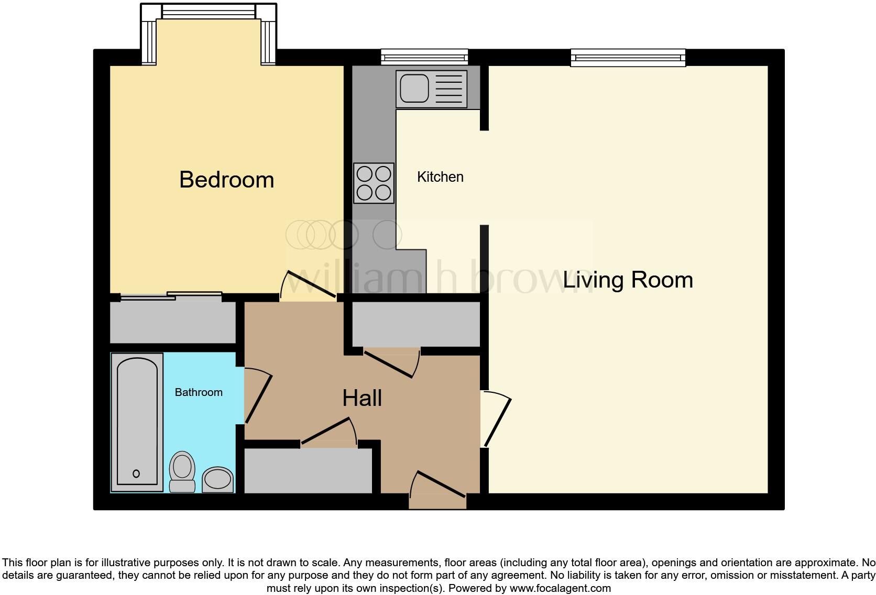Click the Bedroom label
pyautogui.click(x=226, y=180)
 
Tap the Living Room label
pyautogui.click(x=628, y=280)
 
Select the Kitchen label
pyautogui.click(x=440, y=177)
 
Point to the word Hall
pyautogui.click(x=362, y=398)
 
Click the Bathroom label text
pyautogui.click(x=198, y=392)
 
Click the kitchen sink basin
pyautogui.click(x=414, y=88)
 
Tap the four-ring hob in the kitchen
pyautogui.click(x=374, y=183)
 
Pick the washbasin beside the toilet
pyautogui.click(x=217, y=479)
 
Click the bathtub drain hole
pyautogui.click(x=136, y=473)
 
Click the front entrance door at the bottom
pyautogui.click(x=437, y=487)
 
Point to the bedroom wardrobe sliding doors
pyautogui.click(x=171, y=296)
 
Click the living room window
pyautogui.click(x=628, y=57)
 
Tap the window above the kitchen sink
pyautogui.click(x=424, y=57)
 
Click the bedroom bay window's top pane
pyautogui.click(x=208, y=11)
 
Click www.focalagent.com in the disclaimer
pyautogui.click(x=560, y=588)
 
